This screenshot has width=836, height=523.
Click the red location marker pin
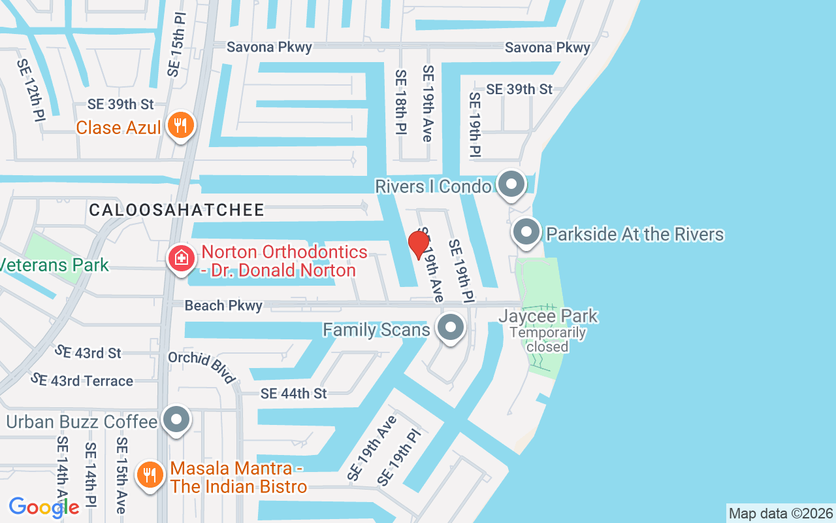(x=418, y=245)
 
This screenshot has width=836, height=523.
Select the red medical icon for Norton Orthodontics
(x=181, y=258)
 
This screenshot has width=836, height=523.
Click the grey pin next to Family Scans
(x=450, y=328)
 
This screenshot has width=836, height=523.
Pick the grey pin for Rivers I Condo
(x=511, y=184)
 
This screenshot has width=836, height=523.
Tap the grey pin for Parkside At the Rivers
(x=526, y=232)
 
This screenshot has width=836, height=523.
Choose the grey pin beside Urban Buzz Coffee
(x=176, y=420)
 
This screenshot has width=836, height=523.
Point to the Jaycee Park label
(x=548, y=316)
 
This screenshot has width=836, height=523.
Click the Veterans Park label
(x=54, y=265)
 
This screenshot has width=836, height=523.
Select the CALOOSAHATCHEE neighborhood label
(x=176, y=210)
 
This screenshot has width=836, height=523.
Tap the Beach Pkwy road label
(x=223, y=305)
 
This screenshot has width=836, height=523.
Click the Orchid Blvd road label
(x=201, y=367)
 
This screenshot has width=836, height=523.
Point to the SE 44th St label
(x=293, y=394)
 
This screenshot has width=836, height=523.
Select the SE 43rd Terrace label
(x=82, y=380)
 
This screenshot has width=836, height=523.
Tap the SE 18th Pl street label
(x=400, y=103)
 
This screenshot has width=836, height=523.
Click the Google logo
(x=44, y=507)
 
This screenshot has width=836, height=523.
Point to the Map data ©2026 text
(x=780, y=513)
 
